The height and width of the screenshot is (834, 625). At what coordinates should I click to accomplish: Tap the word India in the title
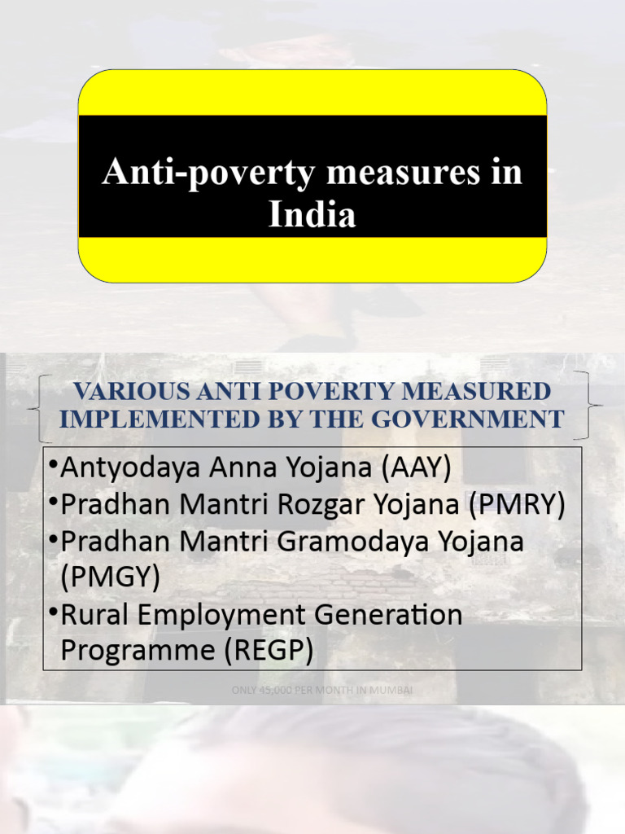312,215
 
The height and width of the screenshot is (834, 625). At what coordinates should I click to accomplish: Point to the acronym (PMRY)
517,504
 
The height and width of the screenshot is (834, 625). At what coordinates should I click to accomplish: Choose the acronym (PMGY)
111,577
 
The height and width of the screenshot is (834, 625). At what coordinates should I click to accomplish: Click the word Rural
90,614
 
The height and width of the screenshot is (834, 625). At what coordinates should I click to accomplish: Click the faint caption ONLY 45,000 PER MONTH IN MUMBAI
322,690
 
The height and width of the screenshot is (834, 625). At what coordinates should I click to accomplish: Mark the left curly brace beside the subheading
38,406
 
